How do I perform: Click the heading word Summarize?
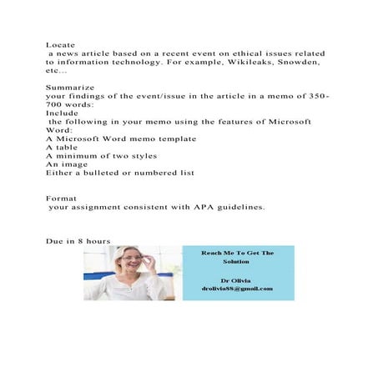click(x=69, y=87)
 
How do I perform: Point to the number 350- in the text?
click(x=317, y=96)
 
